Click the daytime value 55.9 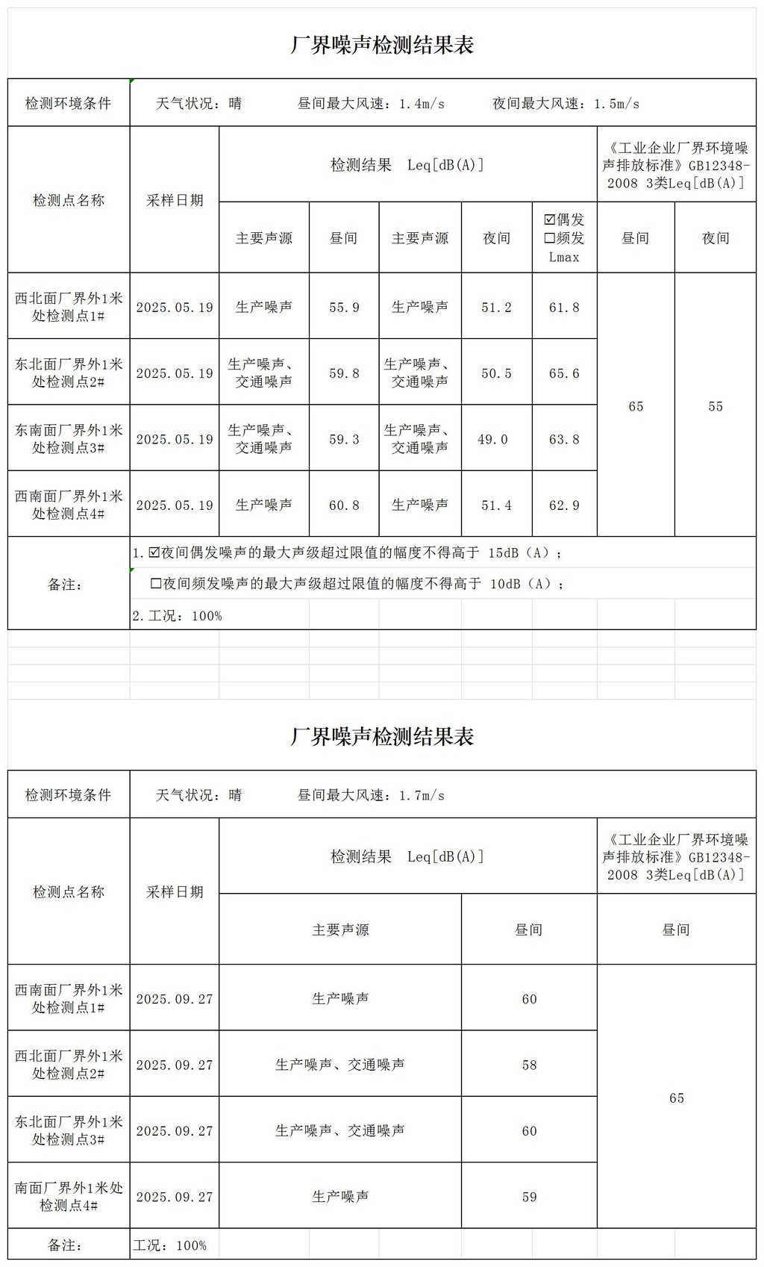coord(344,307)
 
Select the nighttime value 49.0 coord(492,440)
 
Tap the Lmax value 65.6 coord(564,373)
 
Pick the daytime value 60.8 coord(344,505)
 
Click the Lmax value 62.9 coord(564,505)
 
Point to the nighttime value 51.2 coord(496,307)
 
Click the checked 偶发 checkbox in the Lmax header coord(550,220)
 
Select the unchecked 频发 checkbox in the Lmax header coord(550,238)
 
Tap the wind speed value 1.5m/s coord(616,104)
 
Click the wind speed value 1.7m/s coord(422,795)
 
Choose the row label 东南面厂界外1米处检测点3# coord(69,439)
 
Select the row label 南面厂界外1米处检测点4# coord(69,1196)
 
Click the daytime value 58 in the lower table coord(529,1065)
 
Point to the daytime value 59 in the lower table coord(529,1197)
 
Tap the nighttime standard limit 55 coord(716,406)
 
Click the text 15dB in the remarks coord(504,553)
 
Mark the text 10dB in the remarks coord(505,584)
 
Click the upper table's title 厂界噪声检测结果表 coord(382,45)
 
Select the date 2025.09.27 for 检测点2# coord(175,1065)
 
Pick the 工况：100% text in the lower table coord(169,1245)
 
